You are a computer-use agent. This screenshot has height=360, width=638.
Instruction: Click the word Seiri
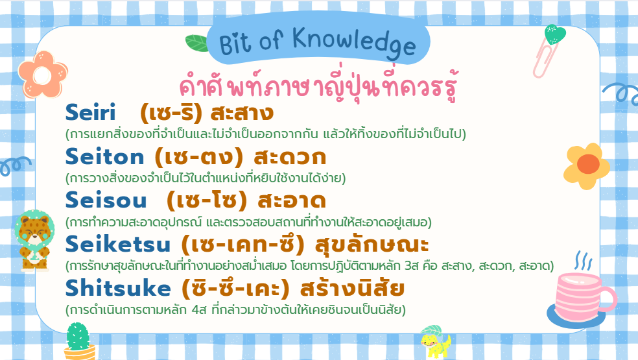tap(90, 112)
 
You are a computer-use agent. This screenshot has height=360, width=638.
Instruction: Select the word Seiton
tap(104, 157)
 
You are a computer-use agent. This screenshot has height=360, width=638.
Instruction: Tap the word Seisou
tap(106, 200)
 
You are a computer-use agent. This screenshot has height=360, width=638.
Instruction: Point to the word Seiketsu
tap(117, 244)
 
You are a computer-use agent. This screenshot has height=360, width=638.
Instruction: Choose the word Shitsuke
tap(118, 288)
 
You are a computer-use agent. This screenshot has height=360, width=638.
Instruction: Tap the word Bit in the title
tap(235, 44)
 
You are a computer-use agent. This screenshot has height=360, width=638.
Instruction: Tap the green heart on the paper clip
tap(555, 34)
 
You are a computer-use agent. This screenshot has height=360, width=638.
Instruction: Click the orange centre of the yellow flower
tap(588, 164)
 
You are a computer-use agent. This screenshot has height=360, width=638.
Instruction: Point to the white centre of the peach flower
tap(42, 76)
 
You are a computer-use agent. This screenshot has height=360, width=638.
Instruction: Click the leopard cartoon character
tap(34, 240)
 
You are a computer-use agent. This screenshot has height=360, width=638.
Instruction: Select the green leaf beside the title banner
tap(197, 43)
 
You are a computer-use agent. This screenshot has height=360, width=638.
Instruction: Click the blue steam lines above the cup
tap(583, 261)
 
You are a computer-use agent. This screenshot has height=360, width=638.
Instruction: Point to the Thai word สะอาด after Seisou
tap(292, 200)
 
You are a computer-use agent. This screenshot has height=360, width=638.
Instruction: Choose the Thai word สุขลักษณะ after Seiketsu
tap(372, 245)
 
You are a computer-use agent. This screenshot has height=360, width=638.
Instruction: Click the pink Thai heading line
tap(319, 86)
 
